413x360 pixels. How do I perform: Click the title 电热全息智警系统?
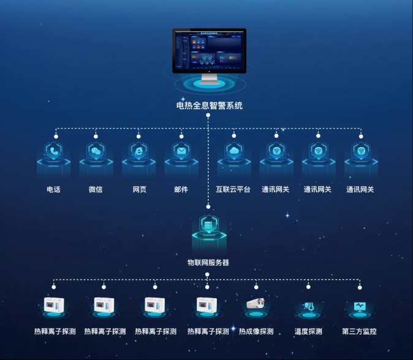tap(209, 106)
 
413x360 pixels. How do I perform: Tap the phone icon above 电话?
tap(54, 151)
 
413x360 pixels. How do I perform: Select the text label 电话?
tap(54, 190)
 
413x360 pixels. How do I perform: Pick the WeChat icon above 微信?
tap(96, 151)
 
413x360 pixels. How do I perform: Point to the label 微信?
tap(96, 190)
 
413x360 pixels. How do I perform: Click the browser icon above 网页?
tap(138, 151)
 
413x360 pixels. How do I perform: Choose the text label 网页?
tap(140, 190)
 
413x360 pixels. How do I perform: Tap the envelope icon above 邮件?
tap(181, 151)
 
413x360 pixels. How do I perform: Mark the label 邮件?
tap(181, 190)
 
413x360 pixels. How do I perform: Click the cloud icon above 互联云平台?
tap(234, 151)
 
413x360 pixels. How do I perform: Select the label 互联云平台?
tap(233, 190)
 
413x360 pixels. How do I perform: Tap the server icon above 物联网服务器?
tap(209, 225)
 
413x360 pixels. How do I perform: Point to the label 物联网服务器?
tap(208, 263)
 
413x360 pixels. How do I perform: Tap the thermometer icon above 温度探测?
tap(308, 306)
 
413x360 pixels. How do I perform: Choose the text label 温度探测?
tap(308, 332)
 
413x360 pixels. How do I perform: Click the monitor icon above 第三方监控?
tap(360, 306)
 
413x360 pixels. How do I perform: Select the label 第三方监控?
tap(359, 332)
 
